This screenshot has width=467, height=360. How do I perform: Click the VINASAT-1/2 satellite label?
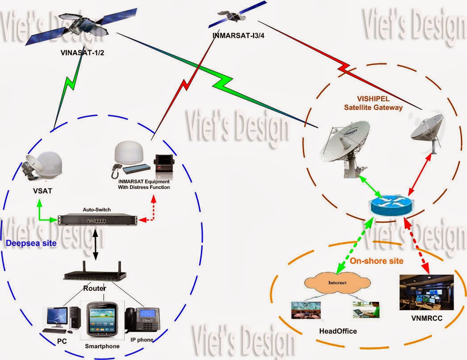85,52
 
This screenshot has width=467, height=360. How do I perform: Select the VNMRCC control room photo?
427,292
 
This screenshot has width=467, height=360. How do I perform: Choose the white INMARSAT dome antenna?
128,153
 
